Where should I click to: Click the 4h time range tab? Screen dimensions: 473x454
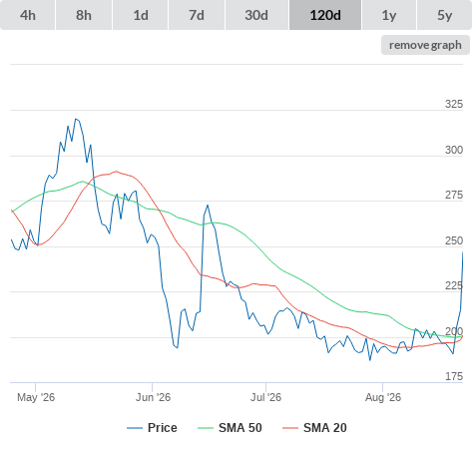pos(28,15)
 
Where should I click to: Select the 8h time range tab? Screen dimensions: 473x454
pos(84,15)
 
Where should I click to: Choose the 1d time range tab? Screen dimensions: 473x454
pos(141,15)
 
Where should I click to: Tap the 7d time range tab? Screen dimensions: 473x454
pos(197,15)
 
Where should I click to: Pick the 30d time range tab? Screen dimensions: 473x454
pos(256,15)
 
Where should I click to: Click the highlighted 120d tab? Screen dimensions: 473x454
pos(325,15)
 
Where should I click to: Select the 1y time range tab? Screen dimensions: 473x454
pos(389,15)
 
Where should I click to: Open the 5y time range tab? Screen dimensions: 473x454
pos(445,15)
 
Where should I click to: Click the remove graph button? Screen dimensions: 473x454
pos(425,45)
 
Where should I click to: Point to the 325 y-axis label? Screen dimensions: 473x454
pos(454,104)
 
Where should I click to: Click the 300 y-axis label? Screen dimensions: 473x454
pos(454,150)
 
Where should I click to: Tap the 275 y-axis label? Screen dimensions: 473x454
pos(454,195)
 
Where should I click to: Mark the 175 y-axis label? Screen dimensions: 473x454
pos(454,376)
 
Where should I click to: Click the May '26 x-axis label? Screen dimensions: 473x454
pos(36,397)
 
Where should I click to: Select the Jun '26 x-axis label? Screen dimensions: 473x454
pos(153,397)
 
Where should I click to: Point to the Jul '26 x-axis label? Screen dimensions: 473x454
pos(265,397)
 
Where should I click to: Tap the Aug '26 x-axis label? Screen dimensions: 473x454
pos(383,397)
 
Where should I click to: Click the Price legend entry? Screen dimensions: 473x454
pos(152,428)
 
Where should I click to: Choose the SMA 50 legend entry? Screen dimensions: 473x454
pos(230,428)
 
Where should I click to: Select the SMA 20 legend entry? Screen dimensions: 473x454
pos(314,428)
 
